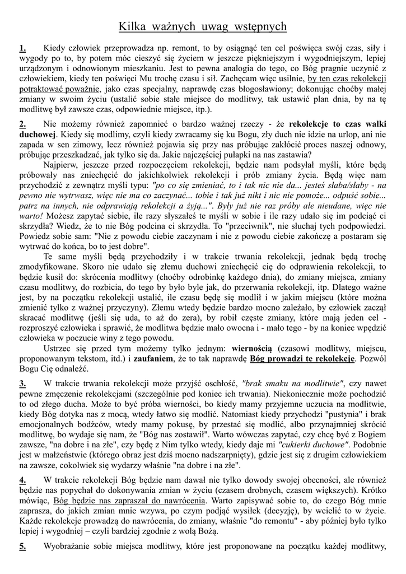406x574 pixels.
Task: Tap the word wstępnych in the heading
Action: click(x=259, y=26)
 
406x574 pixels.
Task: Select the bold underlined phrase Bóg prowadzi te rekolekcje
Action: click(x=302, y=358)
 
